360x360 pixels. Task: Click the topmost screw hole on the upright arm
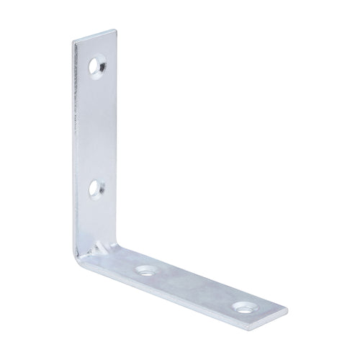97,68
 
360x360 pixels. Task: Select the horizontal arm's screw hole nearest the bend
147,271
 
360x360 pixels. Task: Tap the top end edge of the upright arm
93,35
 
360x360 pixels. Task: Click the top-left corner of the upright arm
73,40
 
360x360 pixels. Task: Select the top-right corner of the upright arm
114,30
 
